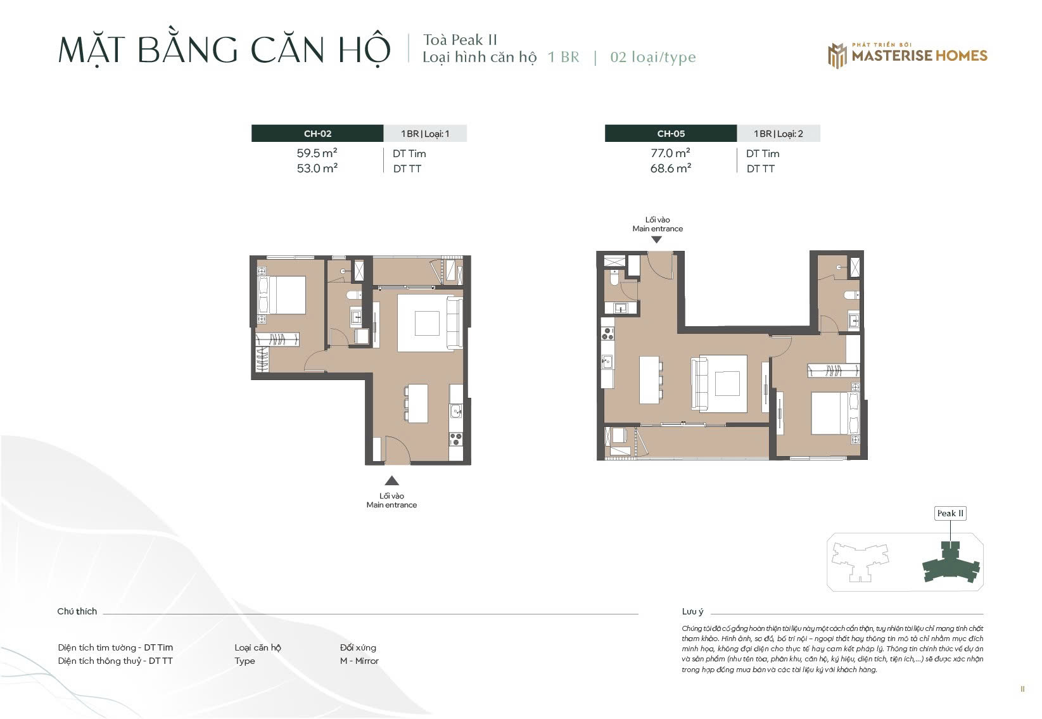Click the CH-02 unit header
(317, 134)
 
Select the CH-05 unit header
(670, 134)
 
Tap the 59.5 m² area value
(317, 153)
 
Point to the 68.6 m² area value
(670, 169)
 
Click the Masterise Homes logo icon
(837, 56)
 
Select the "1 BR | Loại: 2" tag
(778, 134)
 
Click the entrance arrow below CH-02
(391, 480)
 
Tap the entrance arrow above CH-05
(656, 240)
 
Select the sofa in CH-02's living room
(454, 323)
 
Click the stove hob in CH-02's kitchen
(456, 439)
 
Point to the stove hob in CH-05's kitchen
(607, 333)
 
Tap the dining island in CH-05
(649, 380)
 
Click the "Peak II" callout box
(950, 514)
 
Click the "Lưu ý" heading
(692, 611)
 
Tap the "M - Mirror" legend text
(359, 661)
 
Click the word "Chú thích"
(77, 611)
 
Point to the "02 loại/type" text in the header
(653, 57)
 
